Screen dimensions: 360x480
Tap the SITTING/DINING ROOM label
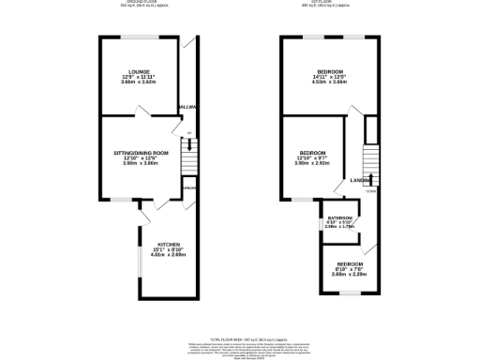tap(141, 152)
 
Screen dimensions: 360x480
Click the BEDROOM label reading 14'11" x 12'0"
tap(328, 72)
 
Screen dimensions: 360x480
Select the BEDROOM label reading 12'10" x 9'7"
tap(312, 153)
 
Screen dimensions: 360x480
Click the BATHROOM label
tap(339, 217)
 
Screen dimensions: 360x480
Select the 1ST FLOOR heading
tap(329, 3)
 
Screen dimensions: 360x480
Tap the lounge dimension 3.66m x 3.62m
tap(141, 83)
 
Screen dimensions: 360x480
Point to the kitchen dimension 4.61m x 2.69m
tap(168, 254)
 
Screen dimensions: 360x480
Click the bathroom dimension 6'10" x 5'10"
tap(339, 222)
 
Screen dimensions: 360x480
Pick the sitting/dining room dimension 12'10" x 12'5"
tap(141, 157)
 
